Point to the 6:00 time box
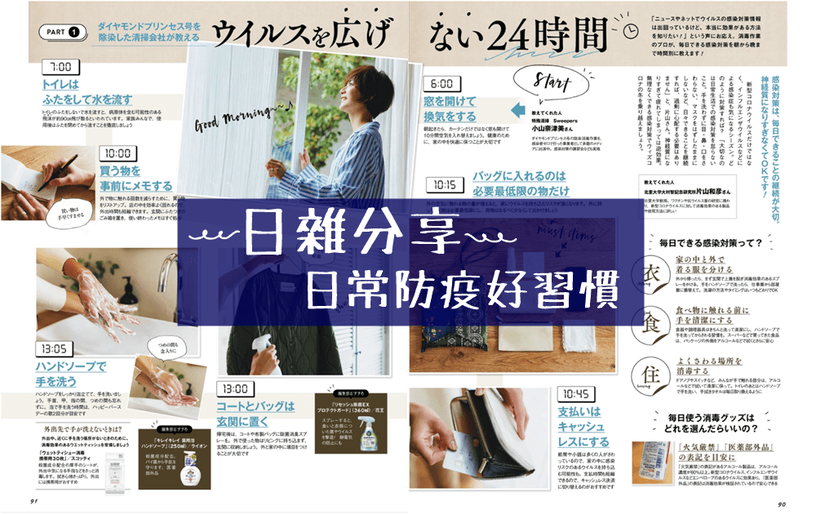click(441, 82)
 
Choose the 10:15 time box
click(448, 184)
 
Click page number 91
click(33, 502)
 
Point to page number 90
click(781, 501)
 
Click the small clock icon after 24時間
click(629, 30)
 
